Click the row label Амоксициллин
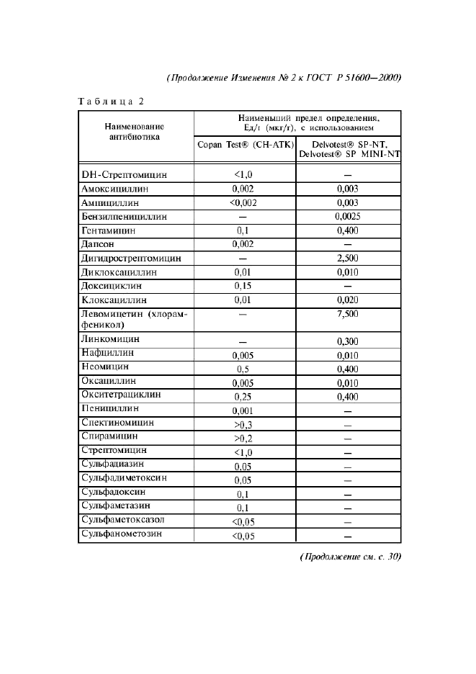point(114,188)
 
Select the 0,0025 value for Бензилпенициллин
point(347,216)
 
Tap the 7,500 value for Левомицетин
point(347,314)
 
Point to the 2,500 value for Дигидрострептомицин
point(347,258)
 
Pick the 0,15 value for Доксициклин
point(242,286)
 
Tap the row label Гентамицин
point(109,230)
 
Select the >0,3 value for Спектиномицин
point(242,425)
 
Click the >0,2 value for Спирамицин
point(242,439)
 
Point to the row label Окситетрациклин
point(121,395)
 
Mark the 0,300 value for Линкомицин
point(347,341)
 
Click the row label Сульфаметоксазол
point(123,519)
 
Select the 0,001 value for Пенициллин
point(242,410)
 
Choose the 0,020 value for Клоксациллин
point(347,300)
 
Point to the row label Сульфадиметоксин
point(124,478)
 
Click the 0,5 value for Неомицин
point(242,369)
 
